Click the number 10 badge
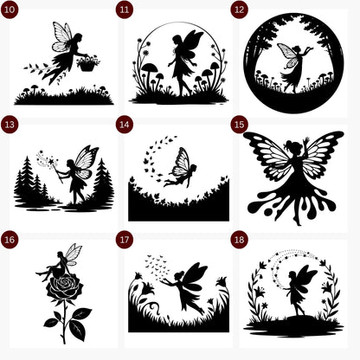click(10, 10)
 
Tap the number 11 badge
click(125, 10)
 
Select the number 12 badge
click(239, 10)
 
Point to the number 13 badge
click(10, 125)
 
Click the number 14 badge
click(125, 125)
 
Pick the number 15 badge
click(239, 125)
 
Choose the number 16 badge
click(10, 239)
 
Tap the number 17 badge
click(125, 239)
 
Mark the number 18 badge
click(239, 239)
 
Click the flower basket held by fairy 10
click(87, 62)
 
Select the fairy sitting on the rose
click(64, 260)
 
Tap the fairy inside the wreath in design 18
click(299, 288)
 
